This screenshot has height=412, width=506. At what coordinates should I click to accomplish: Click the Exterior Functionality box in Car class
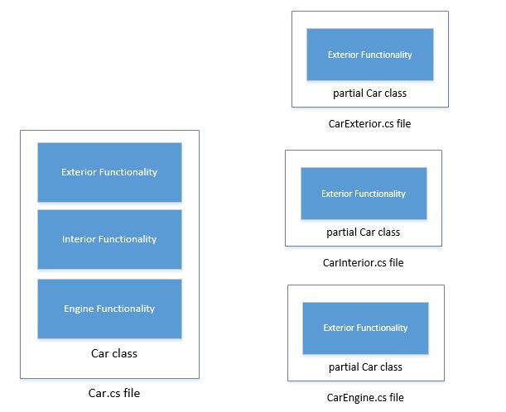point(109,172)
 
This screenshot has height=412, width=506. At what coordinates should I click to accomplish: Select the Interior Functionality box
point(109,239)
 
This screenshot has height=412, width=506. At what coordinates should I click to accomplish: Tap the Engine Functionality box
point(109,309)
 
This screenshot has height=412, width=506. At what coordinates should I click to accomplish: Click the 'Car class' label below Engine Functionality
point(113,353)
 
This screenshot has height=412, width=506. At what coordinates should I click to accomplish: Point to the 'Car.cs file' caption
point(113,394)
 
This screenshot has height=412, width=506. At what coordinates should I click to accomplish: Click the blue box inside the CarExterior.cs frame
point(369,55)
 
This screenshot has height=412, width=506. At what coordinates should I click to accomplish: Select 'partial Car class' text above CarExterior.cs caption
point(369,93)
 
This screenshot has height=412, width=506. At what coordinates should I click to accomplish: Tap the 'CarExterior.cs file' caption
point(369,124)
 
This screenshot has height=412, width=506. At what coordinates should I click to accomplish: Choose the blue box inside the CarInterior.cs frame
point(364,194)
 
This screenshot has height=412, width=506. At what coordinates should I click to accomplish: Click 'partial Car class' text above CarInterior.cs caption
point(364,232)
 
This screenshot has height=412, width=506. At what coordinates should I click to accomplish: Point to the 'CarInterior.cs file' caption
point(363,262)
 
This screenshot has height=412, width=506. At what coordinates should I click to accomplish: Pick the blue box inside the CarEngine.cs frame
point(365,328)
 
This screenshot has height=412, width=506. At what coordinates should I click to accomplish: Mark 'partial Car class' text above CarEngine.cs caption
point(365,366)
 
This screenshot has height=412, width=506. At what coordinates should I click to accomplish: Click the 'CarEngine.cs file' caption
point(365,398)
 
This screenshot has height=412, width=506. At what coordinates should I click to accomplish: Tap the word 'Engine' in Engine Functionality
point(79,309)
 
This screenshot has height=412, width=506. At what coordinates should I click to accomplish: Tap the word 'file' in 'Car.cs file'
point(131,394)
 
